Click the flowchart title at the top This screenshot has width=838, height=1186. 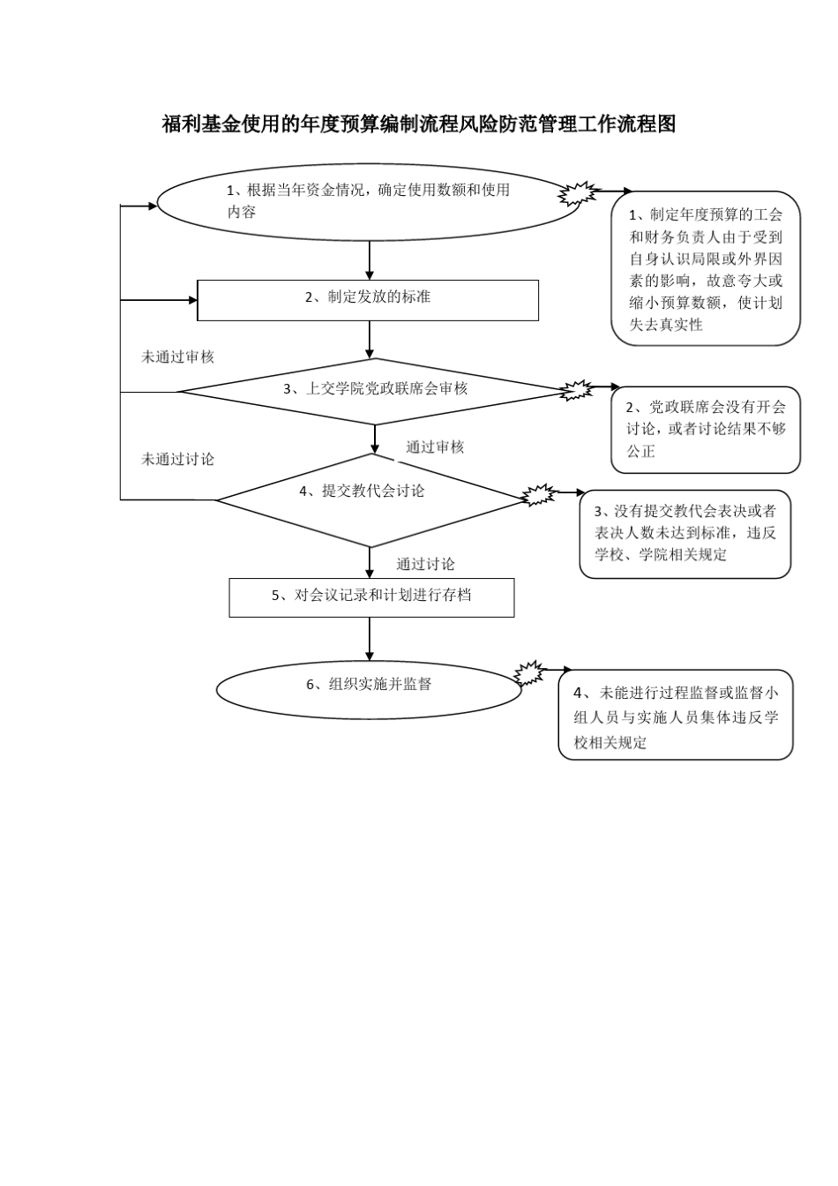[419, 124]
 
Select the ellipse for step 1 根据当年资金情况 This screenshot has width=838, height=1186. [369, 202]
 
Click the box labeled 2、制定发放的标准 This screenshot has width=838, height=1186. [368, 300]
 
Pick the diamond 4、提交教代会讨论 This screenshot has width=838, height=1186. [371, 499]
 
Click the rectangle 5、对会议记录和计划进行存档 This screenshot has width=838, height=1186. [371, 597]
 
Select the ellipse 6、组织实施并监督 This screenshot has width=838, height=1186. [369, 689]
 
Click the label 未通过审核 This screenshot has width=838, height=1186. [177, 357]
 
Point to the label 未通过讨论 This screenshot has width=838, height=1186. [177, 459]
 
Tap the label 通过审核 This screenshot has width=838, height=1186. [435, 447]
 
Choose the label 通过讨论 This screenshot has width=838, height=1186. [425, 565]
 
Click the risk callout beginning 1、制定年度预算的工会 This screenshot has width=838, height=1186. [706, 268]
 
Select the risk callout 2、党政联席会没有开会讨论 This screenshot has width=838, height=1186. [706, 430]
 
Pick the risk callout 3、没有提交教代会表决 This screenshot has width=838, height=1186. [685, 534]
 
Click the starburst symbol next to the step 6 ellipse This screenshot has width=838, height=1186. [529, 673]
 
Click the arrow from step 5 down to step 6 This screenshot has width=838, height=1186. [370, 639]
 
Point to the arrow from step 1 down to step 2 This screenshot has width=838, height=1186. [370, 260]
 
